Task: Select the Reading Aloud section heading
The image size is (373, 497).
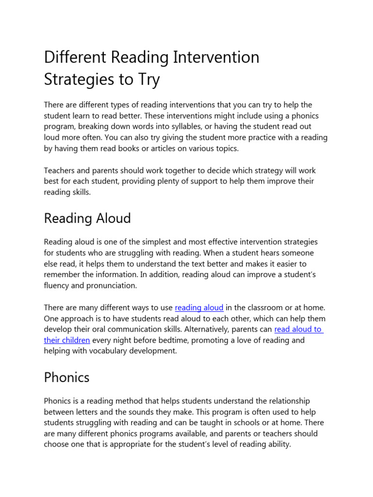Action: tap(87, 218)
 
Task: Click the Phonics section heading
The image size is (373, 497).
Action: tap(67, 377)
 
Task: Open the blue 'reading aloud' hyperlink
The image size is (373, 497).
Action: tap(199, 308)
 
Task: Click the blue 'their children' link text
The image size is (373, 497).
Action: tap(67, 340)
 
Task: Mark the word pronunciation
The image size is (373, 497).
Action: tap(112, 285)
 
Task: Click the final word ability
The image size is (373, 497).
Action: tap(277, 444)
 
